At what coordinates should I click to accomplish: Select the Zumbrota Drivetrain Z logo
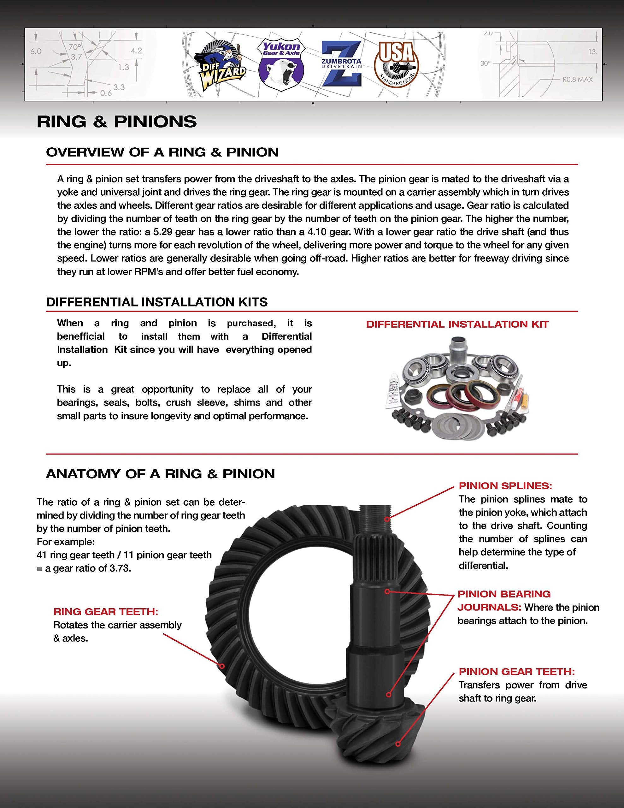point(341,64)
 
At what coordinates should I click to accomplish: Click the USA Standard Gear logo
point(397,63)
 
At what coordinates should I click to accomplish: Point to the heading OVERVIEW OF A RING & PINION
point(162,152)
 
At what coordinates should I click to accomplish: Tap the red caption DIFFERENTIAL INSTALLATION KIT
point(457,324)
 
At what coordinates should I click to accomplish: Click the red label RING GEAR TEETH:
point(106,612)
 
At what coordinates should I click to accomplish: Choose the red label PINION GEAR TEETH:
point(517,671)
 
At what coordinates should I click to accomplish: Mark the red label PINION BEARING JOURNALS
point(504,600)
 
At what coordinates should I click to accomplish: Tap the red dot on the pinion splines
point(386,519)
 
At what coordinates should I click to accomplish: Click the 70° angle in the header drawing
point(75,47)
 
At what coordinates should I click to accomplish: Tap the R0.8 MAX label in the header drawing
point(577,79)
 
